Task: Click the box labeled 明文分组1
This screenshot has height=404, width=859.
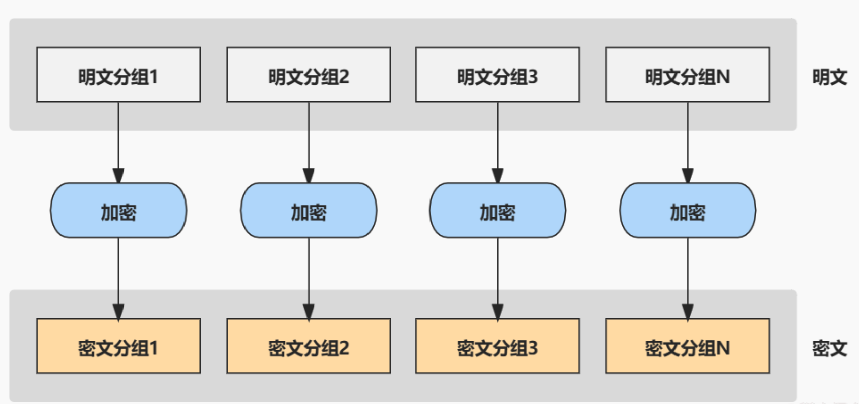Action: (118, 75)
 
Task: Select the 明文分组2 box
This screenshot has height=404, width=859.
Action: (309, 75)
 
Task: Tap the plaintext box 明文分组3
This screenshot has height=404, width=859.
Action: (498, 75)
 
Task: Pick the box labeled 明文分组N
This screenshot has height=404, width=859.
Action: (688, 75)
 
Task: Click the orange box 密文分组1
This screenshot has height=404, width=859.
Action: (118, 346)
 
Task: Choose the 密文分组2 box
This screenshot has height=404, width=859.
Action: (309, 346)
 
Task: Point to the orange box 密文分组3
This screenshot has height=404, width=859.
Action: (498, 346)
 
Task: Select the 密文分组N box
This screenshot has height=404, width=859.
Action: (688, 346)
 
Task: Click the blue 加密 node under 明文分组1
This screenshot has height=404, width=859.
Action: (118, 211)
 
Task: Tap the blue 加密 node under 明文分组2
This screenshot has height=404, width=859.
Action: (309, 211)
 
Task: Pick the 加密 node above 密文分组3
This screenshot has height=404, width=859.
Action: (498, 211)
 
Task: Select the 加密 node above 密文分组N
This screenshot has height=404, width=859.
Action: (688, 211)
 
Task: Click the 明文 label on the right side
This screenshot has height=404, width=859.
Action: (829, 77)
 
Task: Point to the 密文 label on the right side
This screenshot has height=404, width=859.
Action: (829, 348)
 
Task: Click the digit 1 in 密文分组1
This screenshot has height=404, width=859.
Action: (153, 348)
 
